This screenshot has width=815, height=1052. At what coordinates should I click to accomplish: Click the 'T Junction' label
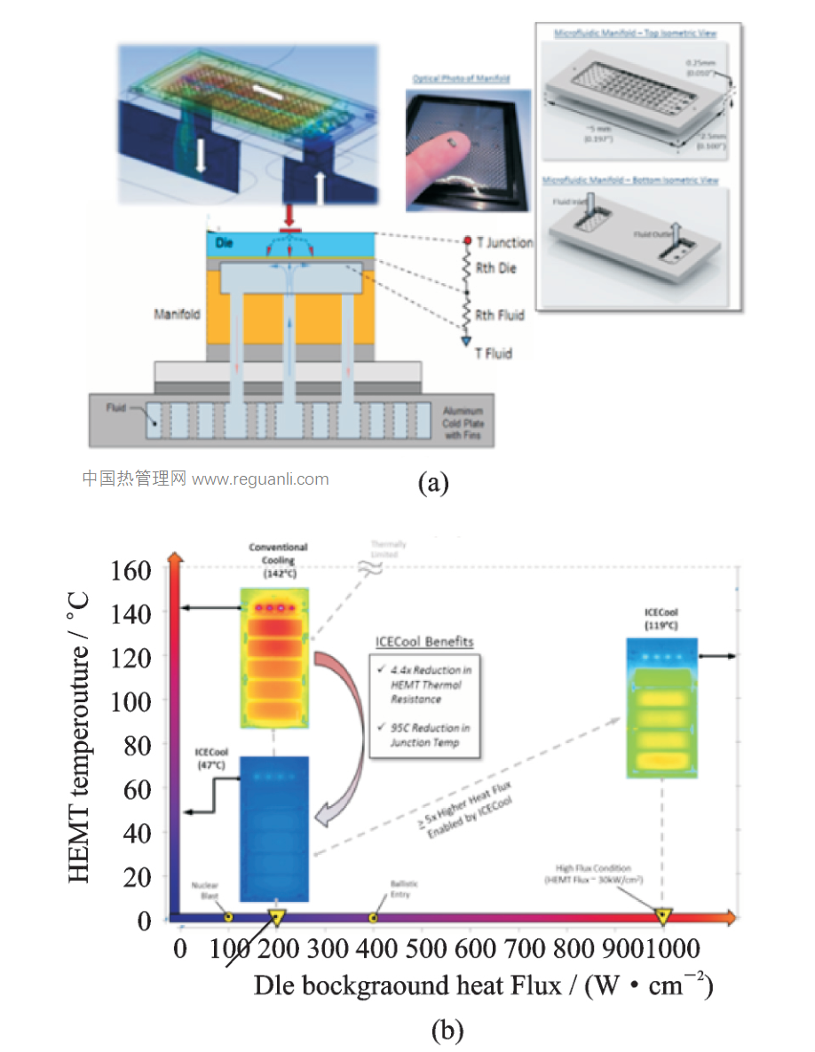(x=504, y=242)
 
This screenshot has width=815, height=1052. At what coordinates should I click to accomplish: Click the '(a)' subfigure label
(x=433, y=482)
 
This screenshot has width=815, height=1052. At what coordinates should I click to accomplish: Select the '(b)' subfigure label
(x=447, y=1031)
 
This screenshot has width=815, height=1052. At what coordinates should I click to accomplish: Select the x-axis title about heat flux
(x=483, y=985)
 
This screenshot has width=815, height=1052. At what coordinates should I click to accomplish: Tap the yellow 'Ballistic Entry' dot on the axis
(x=374, y=917)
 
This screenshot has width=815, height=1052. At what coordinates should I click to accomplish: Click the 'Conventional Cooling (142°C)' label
(x=278, y=560)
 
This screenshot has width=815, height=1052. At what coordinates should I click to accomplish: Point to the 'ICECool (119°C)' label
(x=662, y=619)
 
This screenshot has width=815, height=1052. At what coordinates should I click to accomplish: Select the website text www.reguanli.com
(x=260, y=479)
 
